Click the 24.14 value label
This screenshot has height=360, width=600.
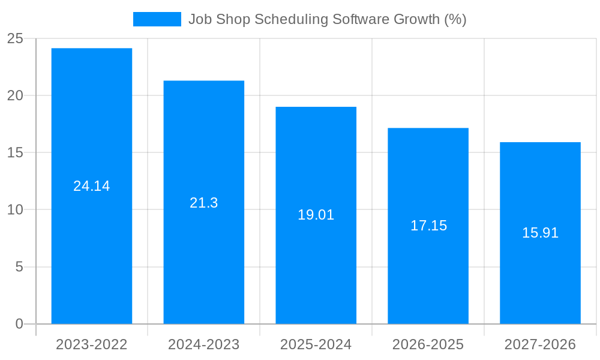[x=92, y=186]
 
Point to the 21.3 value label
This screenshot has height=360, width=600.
[x=204, y=203]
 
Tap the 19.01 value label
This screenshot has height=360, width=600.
[x=316, y=215]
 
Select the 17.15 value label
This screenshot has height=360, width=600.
[x=428, y=226]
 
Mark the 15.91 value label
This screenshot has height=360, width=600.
[x=540, y=233]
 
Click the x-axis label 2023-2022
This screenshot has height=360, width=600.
[x=92, y=344]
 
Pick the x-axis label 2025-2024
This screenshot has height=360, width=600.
[x=316, y=344]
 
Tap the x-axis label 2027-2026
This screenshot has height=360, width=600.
[x=540, y=344]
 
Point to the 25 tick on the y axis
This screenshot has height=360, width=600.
[x=15, y=38]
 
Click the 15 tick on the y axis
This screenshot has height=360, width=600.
[x=15, y=152]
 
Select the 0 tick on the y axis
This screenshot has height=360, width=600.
[x=19, y=324]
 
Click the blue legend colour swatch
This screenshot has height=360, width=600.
[x=157, y=19]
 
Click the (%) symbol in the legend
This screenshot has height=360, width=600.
[x=455, y=19]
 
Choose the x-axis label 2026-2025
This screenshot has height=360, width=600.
[x=428, y=344]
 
